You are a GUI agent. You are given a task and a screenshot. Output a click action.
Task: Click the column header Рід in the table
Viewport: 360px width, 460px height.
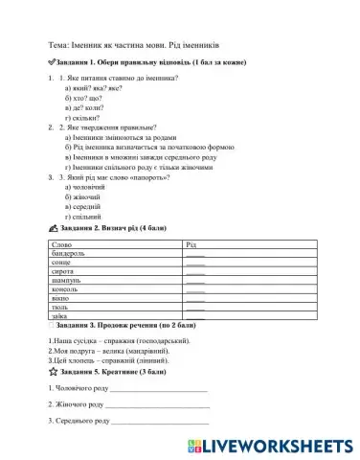point(190,246)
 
